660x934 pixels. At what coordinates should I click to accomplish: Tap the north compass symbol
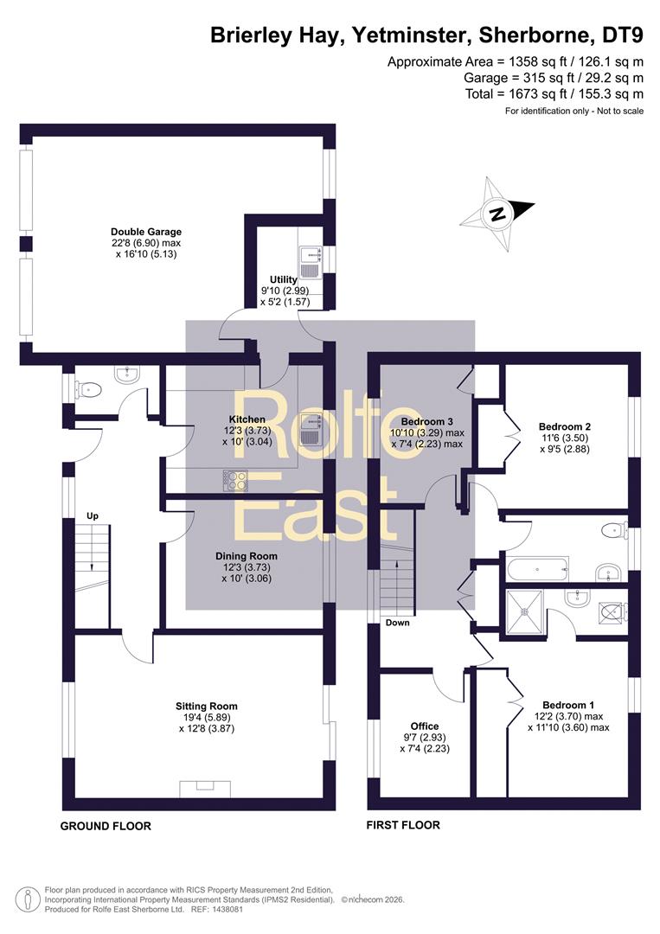pos(497,213)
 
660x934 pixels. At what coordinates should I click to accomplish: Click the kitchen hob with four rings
pos(234,481)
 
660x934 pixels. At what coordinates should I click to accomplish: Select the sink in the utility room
pos(311,262)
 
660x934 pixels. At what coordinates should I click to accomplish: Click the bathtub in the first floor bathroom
pos(537,569)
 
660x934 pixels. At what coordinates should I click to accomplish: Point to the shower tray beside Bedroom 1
pos(525,611)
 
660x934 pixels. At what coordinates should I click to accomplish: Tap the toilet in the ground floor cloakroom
pos(88,390)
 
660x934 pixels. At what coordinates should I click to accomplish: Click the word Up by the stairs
pos(93,515)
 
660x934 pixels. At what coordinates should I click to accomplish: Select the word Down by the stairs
pos(397,623)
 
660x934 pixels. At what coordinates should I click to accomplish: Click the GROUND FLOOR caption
pos(106,826)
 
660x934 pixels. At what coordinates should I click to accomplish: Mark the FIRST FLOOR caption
pos(403,825)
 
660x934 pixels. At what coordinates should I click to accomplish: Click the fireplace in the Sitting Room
pos(205,789)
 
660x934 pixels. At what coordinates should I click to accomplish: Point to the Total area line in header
pos(554,93)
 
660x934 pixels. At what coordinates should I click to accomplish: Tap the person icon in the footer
pos(24,899)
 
